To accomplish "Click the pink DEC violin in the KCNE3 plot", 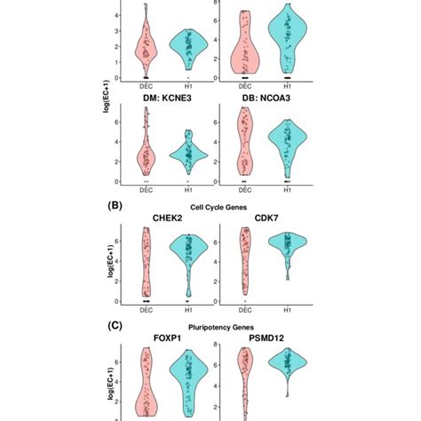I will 144,156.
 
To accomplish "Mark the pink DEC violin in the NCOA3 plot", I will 244,142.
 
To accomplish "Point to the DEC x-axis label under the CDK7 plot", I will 244,312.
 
